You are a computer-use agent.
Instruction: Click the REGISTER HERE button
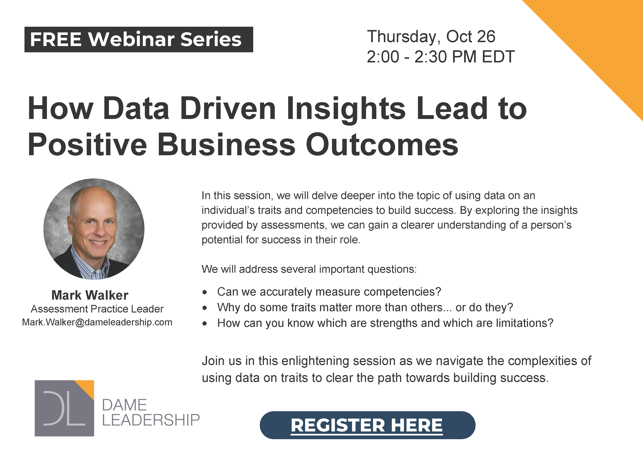(x=368, y=425)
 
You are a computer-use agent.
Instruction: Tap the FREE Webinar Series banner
(x=139, y=39)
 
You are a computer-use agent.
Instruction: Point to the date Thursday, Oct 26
(x=431, y=37)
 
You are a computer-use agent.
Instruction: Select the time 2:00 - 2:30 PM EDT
(x=441, y=57)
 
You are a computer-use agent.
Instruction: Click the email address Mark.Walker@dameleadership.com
(x=97, y=322)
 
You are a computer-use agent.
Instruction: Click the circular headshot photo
(x=94, y=229)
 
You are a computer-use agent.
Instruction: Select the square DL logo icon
(x=64, y=408)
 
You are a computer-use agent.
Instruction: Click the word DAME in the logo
(x=124, y=405)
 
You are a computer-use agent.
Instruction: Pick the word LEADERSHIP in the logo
(x=151, y=420)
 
